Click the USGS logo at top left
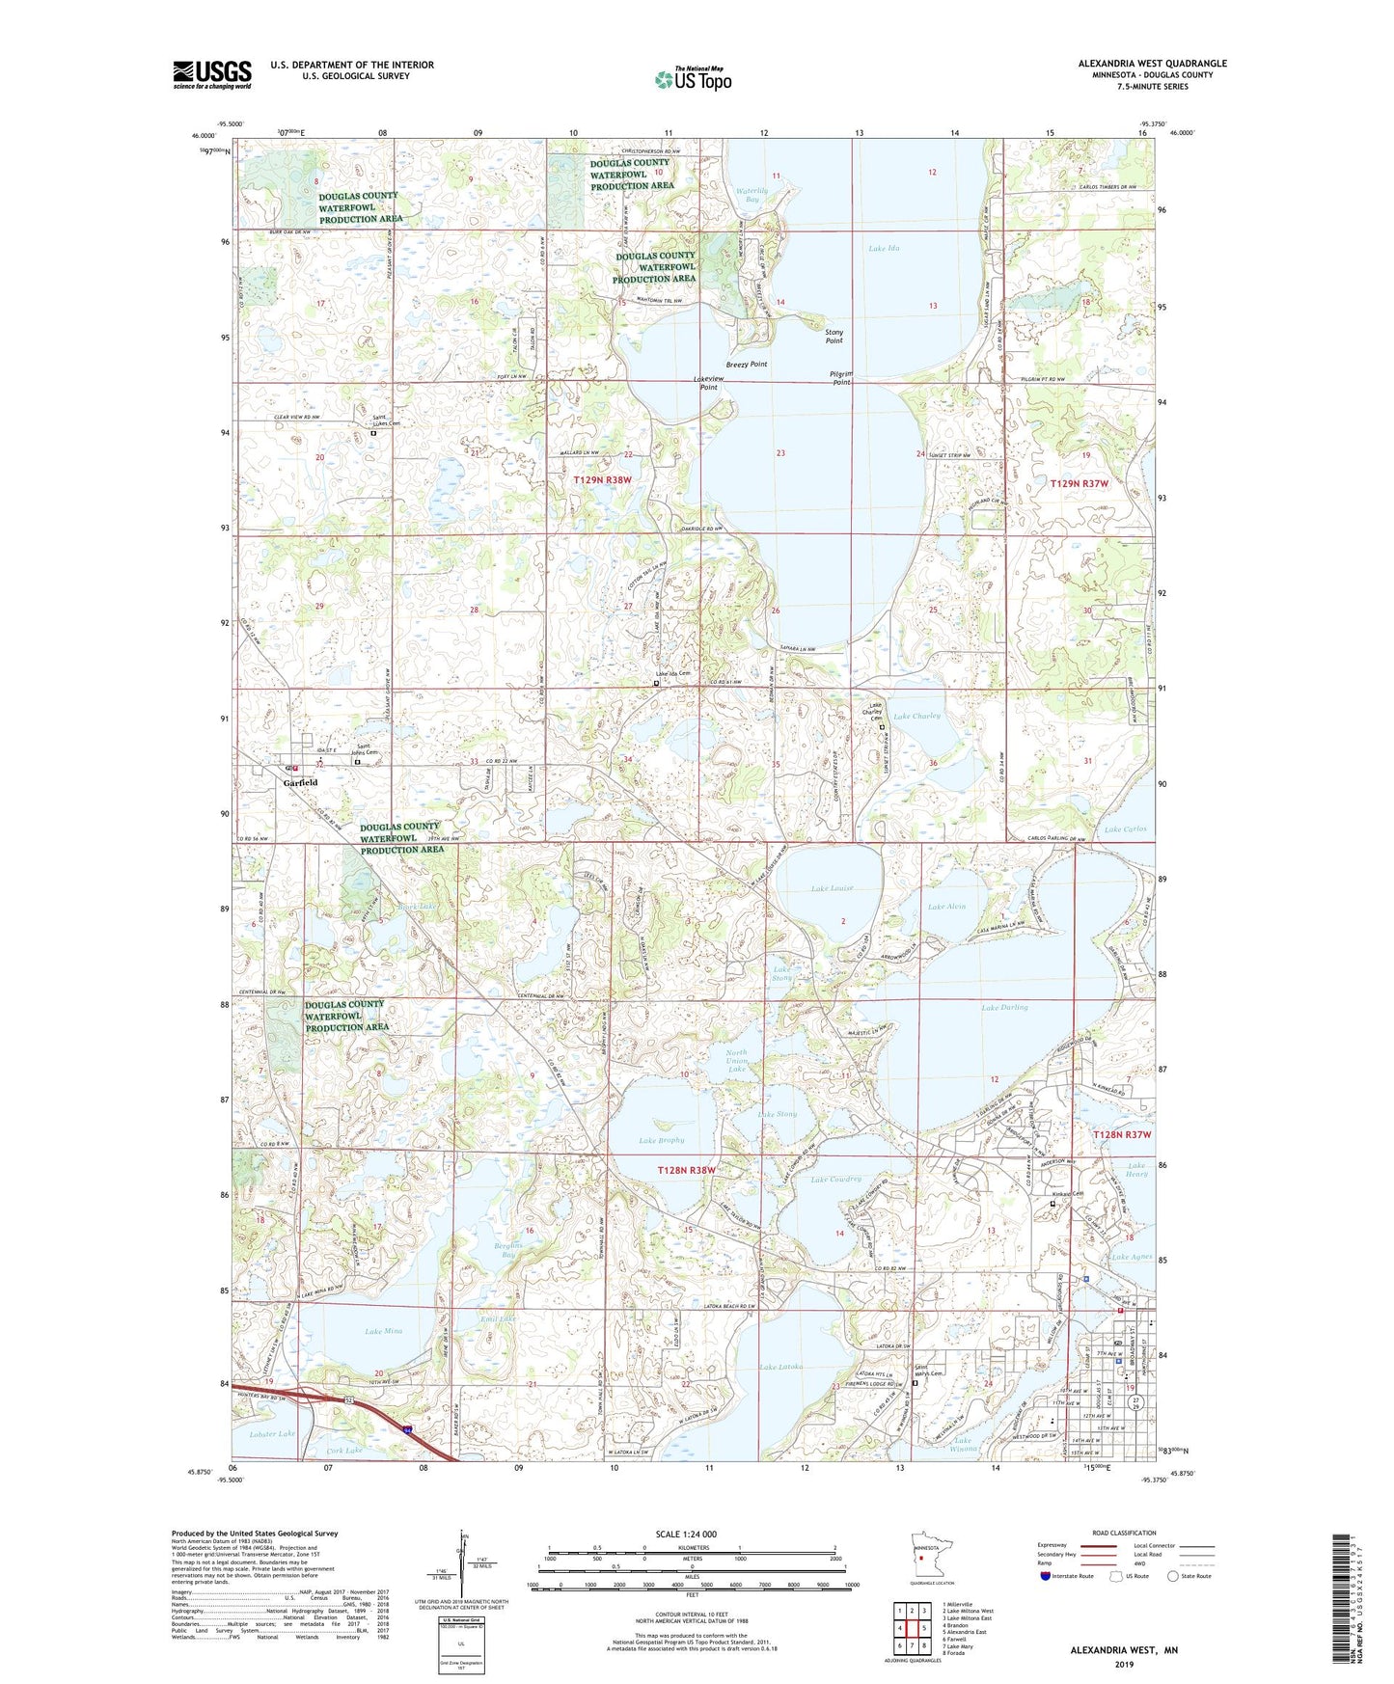(x=212, y=74)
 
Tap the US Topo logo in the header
(x=693, y=79)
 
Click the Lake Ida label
(x=884, y=249)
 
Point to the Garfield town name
(x=300, y=782)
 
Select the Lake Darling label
(x=1004, y=1008)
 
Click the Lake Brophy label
(x=661, y=1140)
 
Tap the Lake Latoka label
(x=780, y=1367)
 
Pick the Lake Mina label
(x=383, y=1331)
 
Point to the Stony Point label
(x=834, y=337)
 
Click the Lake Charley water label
(x=916, y=717)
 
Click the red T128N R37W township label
(x=1122, y=1135)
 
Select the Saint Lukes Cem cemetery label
(x=386, y=421)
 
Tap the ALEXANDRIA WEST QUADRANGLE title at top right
(x=1152, y=64)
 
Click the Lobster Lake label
(x=273, y=1434)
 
